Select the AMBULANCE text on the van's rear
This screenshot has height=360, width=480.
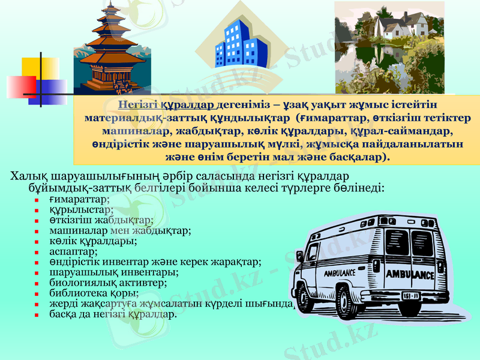tap(410, 275)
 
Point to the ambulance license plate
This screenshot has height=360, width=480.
tap(410, 296)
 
